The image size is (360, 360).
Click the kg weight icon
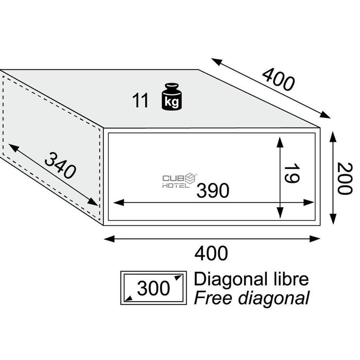[x=172, y=97]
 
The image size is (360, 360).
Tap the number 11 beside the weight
[x=140, y=101]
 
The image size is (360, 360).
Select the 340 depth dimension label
[x=60, y=165]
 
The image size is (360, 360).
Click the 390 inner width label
[x=213, y=190]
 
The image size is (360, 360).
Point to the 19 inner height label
[x=292, y=173]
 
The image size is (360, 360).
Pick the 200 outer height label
[x=345, y=178]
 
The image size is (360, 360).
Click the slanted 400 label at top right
[x=278, y=79]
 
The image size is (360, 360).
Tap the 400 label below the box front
[x=211, y=253]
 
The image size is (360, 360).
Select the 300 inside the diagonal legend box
[x=153, y=288]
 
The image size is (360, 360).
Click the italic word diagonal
[x=274, y=299]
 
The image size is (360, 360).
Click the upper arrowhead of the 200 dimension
[x=333, y=137]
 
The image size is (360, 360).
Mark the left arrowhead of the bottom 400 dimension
[x=109, y=239]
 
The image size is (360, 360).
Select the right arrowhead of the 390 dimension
[x=309, y=203]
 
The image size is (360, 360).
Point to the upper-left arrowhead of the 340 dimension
[x=13, y=148]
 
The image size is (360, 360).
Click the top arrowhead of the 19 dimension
[x=279, y=142]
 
